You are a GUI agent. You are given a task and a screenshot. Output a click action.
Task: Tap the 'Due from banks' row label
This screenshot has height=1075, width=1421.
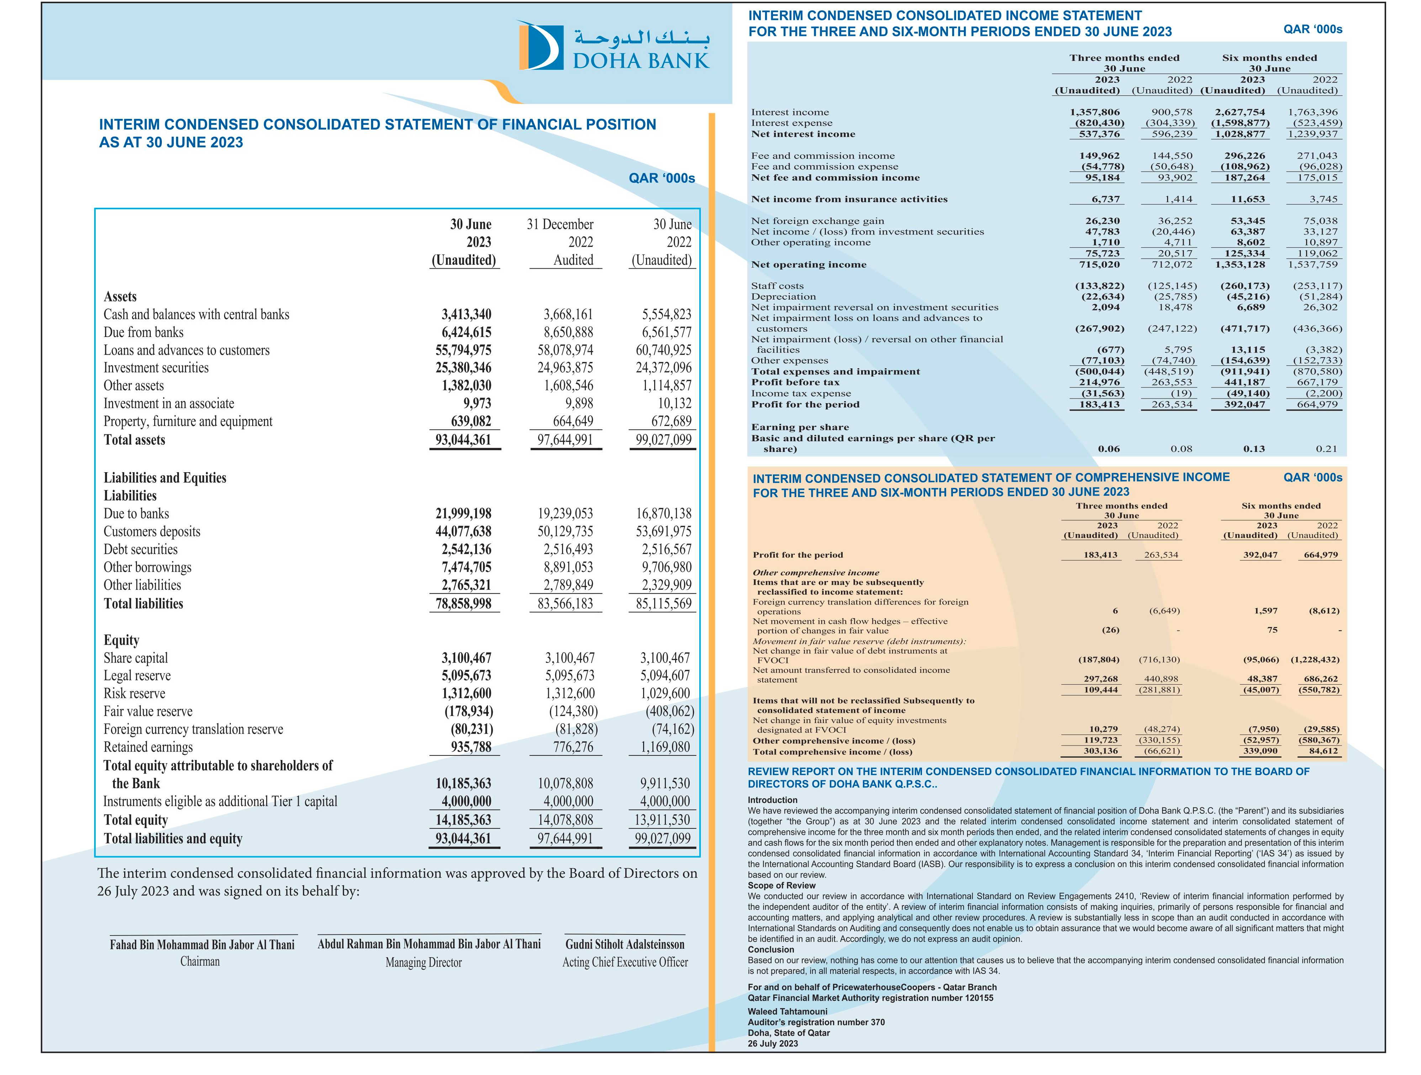[144, 332]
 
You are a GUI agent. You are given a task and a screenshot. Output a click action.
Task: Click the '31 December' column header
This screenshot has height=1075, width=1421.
[560, 224]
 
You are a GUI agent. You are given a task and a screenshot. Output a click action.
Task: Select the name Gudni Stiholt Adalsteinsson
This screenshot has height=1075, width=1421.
[625, 944]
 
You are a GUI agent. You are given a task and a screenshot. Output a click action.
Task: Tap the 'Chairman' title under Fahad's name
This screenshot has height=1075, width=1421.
[200, 961]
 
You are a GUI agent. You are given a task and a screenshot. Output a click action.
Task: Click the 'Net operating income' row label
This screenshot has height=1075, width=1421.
[809, 265]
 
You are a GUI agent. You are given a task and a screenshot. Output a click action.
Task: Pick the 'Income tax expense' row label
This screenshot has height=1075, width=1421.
[801, 393]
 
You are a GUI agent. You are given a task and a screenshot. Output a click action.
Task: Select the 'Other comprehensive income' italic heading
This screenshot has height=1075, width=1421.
[816, 573]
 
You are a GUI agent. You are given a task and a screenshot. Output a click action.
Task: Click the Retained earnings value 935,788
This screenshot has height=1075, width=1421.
[471, 747]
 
